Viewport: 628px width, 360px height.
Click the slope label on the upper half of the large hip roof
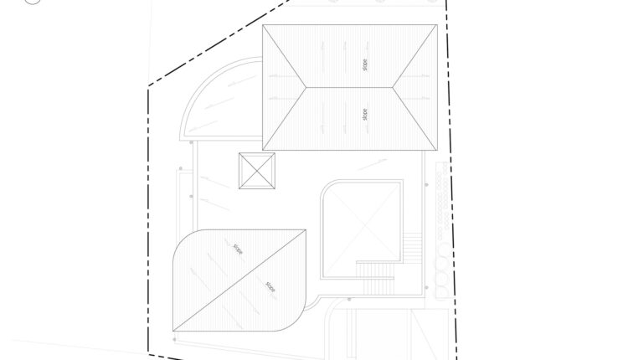coord(364,64)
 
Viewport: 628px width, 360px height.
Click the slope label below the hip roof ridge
coord(364,115)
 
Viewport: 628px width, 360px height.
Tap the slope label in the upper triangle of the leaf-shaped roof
coord(239,249)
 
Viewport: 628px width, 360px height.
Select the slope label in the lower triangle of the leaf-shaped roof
coord(270,286)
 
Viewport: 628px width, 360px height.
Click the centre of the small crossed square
coord(257,171)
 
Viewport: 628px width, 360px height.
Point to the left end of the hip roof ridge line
coord(306,87)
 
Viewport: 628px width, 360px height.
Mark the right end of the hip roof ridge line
coord(393,87)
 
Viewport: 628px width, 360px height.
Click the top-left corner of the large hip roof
coord(263,25)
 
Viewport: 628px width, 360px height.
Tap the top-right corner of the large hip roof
coord(437,25)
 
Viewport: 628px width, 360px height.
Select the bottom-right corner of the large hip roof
coord(437,150)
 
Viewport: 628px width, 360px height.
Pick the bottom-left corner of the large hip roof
coord(263,150)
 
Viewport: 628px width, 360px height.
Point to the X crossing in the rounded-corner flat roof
coord(363,229)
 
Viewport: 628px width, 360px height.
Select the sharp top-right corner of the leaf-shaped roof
coord(306,230)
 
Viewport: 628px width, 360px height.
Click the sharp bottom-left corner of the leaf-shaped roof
coord(173,331)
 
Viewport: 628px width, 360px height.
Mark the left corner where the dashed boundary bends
coord(148,85)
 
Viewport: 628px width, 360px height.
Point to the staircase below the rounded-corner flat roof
coord(375,278)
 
